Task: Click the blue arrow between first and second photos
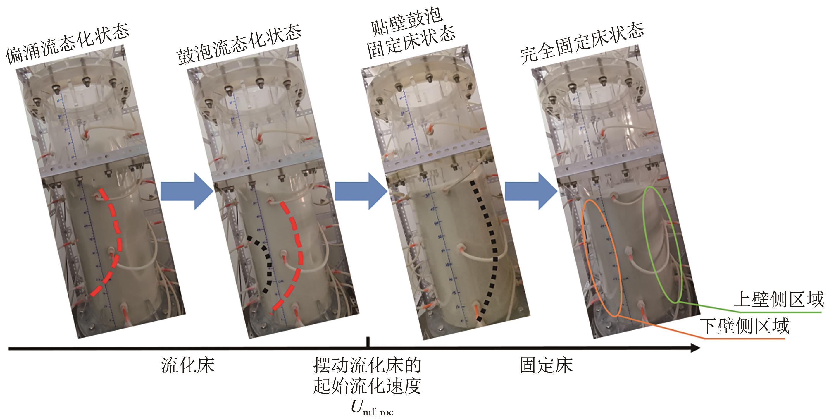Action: [187, 191]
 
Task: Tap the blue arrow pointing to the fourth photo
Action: [531, 191]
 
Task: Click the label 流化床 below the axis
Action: [187, 365]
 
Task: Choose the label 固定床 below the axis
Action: [546, 365]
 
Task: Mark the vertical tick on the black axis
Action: [368, 342]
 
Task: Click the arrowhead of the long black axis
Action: [695, 348]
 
